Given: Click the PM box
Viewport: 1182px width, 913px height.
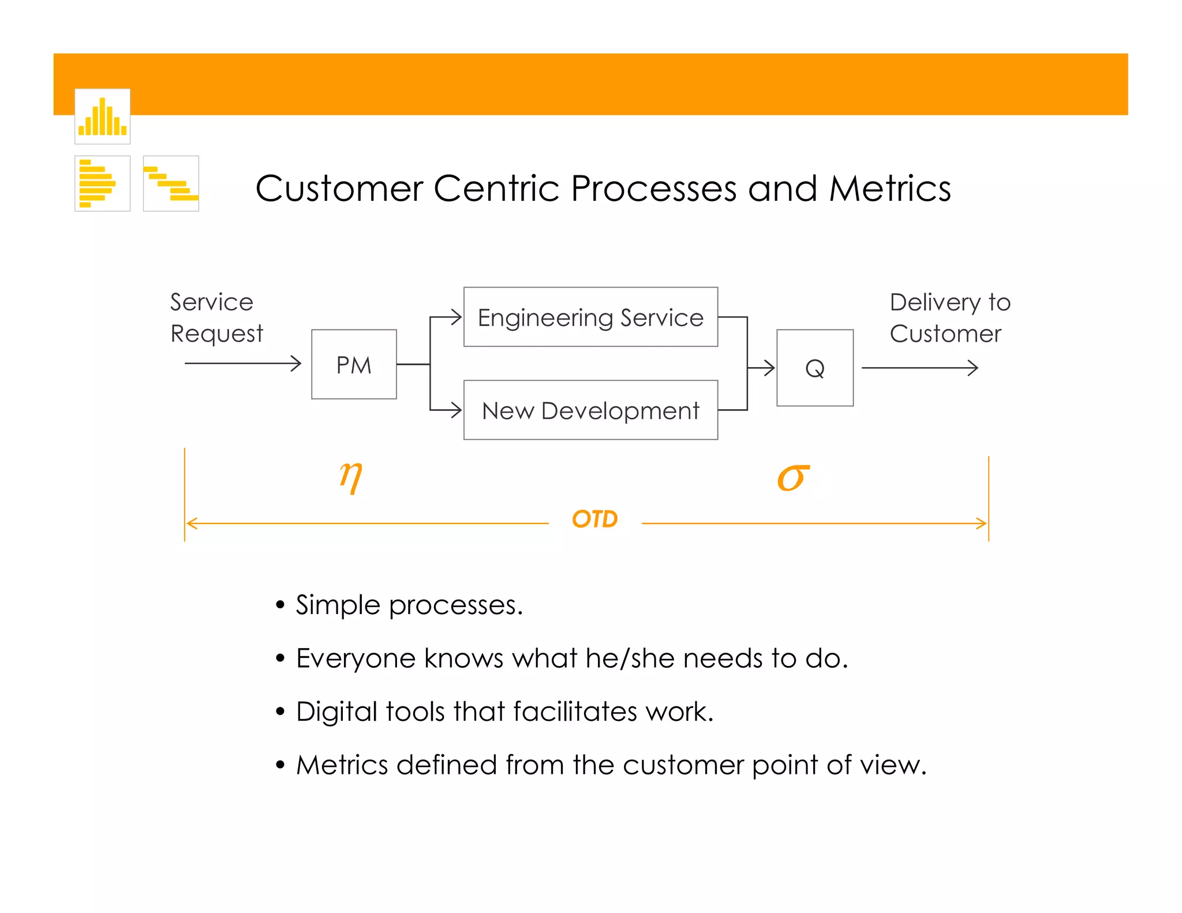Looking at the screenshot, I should (x=354, y=364).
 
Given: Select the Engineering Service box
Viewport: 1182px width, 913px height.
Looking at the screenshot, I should (x=590, y=317).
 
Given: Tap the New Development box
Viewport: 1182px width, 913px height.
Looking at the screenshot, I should (x=590, y=410).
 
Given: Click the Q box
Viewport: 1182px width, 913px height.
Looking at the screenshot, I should (x=814, y=368).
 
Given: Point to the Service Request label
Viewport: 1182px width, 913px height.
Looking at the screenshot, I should (x=216, y=317).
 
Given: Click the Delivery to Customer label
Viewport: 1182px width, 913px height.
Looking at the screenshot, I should (x=949, y=317).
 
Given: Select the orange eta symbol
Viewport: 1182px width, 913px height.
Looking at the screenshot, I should (x=351, y=477).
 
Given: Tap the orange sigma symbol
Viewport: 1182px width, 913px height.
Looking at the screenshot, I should (x=793, y=478).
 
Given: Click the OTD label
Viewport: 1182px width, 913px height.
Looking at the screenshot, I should (x=594, y=519).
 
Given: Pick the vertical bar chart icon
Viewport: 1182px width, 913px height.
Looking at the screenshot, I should (x=102, y=117).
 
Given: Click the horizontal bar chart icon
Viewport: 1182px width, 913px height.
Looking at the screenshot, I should (x=102, y=184).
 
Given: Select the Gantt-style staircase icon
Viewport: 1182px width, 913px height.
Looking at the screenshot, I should (x=171, y=184).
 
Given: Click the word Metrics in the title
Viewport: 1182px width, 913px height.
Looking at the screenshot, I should (x=890, y=189).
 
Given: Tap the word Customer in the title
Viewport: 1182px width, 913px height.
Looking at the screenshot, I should (x=339, y=189).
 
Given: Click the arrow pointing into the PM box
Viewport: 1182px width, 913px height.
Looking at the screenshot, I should (x=242, y=364).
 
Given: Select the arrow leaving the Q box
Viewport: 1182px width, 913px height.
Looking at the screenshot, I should (x=919, y=368).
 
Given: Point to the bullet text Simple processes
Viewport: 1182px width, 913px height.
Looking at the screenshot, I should (x=409, y=605).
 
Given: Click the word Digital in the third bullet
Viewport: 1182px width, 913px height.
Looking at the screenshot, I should (x=336, y=712).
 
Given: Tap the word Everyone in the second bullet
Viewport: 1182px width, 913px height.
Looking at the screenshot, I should (x=356, y=658).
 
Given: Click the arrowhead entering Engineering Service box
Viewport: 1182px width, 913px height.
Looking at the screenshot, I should (x=455, y=317).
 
